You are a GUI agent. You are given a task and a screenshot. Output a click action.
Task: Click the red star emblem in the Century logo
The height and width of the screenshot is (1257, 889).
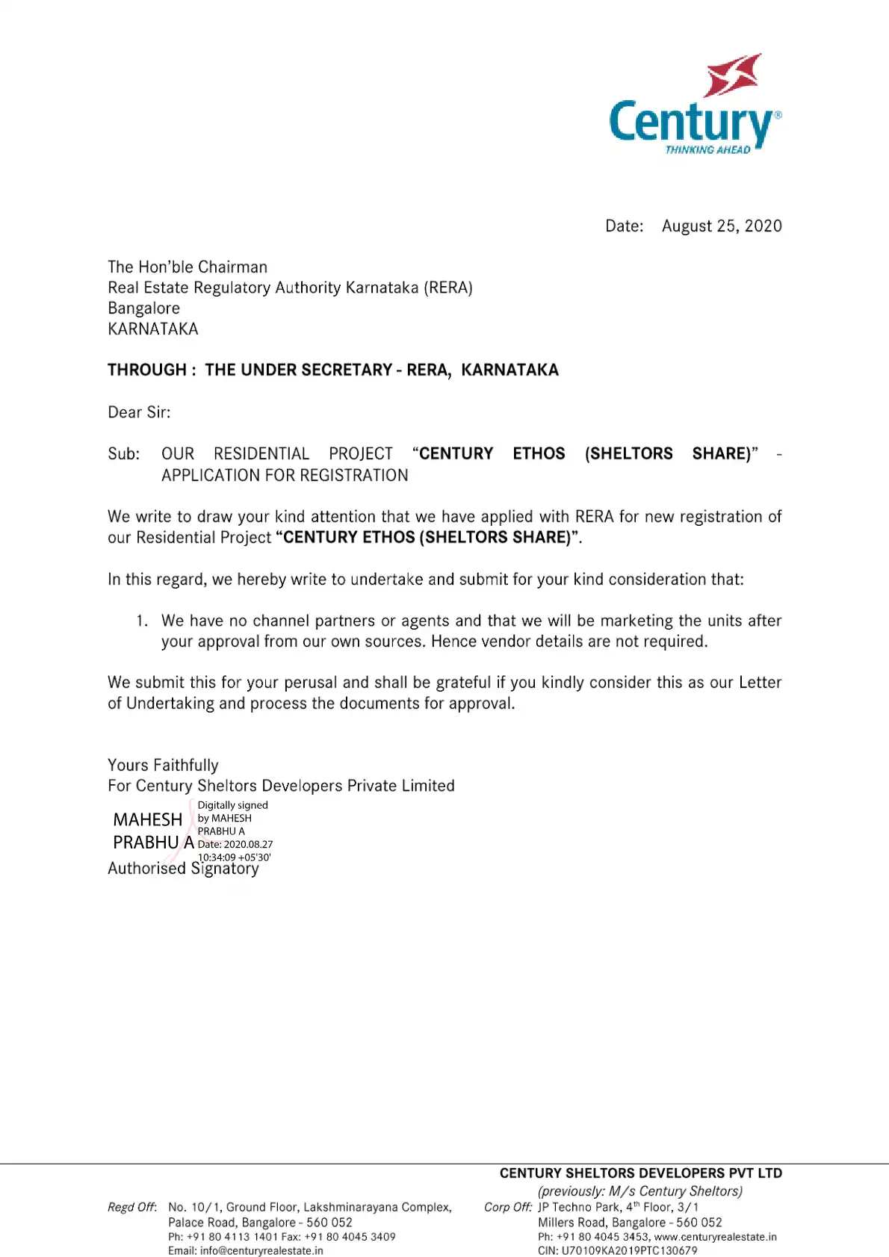point(734,75)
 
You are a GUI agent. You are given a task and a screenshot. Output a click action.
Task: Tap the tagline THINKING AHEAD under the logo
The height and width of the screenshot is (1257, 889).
point(707,150)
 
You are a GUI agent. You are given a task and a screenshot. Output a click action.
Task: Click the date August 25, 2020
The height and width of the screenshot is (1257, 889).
point(722,226)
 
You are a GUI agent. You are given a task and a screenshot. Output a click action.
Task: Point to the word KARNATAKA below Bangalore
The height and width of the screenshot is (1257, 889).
point(153,329)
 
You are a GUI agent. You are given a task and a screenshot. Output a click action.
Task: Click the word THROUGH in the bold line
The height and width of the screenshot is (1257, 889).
point(147,370)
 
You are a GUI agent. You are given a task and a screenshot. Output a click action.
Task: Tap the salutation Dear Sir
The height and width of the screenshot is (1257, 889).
point(139,412)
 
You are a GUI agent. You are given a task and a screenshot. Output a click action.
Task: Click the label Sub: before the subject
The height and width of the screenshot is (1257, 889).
point(123,454)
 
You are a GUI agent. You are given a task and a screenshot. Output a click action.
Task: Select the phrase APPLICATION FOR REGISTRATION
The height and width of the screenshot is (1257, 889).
point(285,476)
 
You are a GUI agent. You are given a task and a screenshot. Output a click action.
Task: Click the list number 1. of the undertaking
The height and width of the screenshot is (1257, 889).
point(142,621)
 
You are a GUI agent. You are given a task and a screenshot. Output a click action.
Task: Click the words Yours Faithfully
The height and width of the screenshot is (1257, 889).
point(163,766)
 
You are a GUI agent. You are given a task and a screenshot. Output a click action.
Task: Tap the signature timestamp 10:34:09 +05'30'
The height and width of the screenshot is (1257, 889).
point(234,857)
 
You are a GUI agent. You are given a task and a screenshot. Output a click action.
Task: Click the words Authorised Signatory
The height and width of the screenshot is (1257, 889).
point(183,869)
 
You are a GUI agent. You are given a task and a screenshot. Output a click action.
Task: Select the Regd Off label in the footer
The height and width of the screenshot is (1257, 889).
point(132,1207)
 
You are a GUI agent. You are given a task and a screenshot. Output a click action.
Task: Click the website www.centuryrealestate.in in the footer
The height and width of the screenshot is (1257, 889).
point(715,1237)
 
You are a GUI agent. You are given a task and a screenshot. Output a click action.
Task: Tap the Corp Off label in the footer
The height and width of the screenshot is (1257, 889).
point(508,1207)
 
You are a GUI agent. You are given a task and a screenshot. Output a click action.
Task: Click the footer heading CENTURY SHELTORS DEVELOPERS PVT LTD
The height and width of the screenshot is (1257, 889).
point(640,1173)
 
